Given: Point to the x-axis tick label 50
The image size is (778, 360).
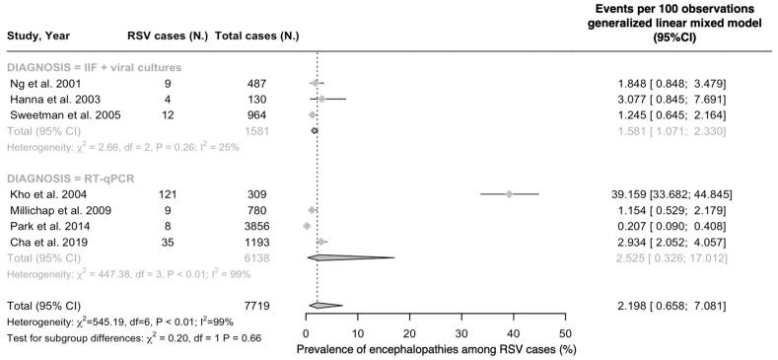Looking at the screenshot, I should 565,333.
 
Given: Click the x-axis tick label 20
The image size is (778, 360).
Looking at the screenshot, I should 409,333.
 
